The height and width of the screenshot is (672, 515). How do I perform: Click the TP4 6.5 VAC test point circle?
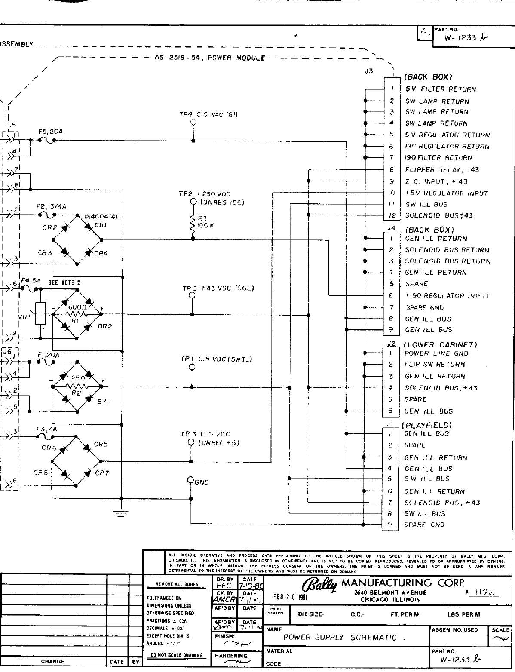[193, 122]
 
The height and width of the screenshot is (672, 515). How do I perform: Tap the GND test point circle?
[190, 479]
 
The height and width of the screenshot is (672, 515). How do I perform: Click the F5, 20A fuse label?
[51, 132]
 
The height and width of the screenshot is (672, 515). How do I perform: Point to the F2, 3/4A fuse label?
[51, 207]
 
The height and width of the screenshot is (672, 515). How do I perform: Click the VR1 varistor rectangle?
[40, 313]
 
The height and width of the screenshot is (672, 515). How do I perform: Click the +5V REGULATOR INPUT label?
[446, 193]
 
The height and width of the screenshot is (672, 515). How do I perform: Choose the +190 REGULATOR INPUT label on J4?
[447, 296]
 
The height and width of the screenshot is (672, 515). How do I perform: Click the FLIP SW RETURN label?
[435, 365]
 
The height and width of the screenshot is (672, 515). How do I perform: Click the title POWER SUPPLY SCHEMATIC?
[340, 638]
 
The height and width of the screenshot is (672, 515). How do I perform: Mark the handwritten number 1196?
[483, 592]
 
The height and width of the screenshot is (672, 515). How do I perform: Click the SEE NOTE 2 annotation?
[64, 283]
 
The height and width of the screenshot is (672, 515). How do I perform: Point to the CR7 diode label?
[102, 473]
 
